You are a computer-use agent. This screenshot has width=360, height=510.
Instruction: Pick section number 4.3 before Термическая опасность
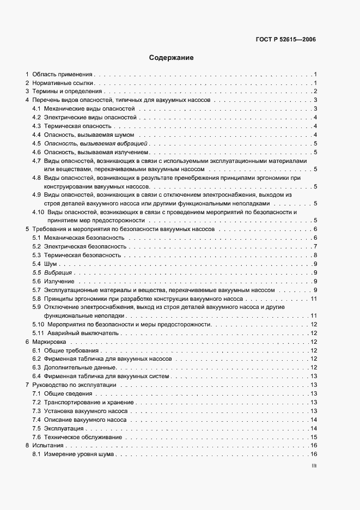coord(36,126)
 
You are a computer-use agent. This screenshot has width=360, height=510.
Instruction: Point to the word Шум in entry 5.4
coord(51,264)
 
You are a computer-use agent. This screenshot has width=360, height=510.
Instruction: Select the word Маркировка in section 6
coord(48,342)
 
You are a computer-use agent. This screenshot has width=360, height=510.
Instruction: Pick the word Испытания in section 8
coord(48,446)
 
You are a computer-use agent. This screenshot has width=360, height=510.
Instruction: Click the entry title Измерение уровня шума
coord(79,454)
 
